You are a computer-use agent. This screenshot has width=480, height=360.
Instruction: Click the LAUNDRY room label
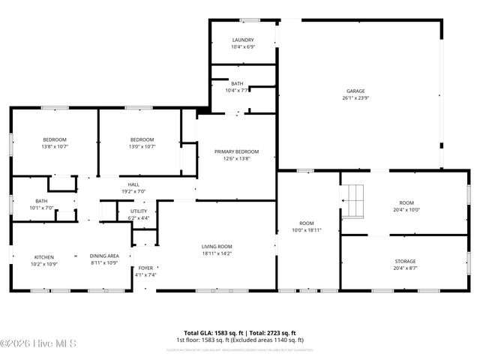pyautogui.click(x=243, y=40)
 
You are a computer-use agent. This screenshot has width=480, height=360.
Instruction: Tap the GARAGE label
pyautogui.click(x=355, y=91)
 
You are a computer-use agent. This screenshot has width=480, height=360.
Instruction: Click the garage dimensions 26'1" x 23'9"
pyautogui.click(x=355, y=98)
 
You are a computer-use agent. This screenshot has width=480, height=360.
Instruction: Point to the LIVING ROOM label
pyautogui.click(x=216, y=247)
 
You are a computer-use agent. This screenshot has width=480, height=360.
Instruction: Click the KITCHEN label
pyautogui.click(x=43, y=256)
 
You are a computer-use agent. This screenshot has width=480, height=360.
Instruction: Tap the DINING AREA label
pyautogui.click(x=104, y=256)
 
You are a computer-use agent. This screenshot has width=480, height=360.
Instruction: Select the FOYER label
pyautogui.click(x=145, y=268)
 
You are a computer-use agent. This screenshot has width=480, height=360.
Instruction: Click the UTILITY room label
pyautogui.click(x=139, y=211)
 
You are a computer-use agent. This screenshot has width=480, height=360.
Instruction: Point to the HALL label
pyautogui.click(x=133, y=184)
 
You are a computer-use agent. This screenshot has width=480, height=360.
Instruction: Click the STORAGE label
pyautogui.click(x=406, y=261)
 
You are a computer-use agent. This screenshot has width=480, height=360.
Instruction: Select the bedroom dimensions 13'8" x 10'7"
pyautogui.click(x=54, y=147)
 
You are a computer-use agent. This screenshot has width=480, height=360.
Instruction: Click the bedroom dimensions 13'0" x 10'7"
pyautogui.click(x=142, y=147)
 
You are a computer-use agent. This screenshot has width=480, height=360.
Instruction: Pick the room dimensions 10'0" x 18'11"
pyautogui.click(x=307, y=230)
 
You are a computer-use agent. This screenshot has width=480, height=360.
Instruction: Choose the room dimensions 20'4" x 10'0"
pyautogui.click(x=406, y=210)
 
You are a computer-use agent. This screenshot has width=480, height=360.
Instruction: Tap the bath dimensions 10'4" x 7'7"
pyautogui.click(x=237, y=91)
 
